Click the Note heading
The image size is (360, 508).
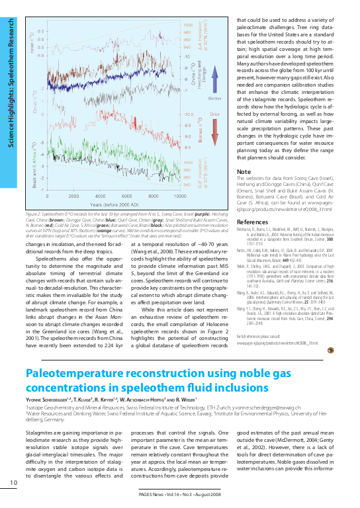[244, 172]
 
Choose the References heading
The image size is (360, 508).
[252, 222]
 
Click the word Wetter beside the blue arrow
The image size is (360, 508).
[214, 97]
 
